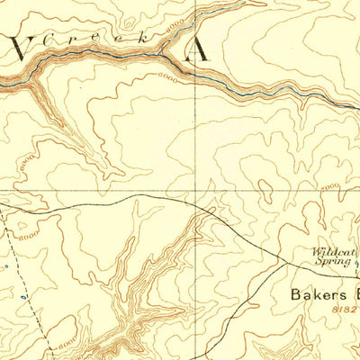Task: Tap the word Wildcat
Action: (330, 252)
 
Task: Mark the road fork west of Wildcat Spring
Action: (286, 263)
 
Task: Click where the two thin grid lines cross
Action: (196, 190)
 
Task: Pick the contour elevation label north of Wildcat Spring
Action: (330, 185)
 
